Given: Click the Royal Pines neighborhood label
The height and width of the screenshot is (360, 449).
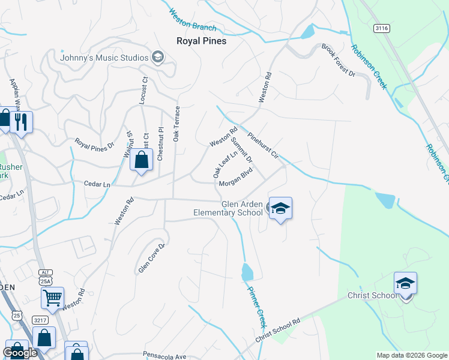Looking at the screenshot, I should (201, 41).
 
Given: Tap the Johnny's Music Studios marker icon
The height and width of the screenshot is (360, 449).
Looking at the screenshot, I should (158, 58).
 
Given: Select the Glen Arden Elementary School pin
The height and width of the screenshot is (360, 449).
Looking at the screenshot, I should (280, 209).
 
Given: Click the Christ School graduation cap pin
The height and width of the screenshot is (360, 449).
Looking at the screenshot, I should (405, 284).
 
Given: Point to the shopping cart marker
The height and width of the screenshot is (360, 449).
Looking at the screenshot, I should (53, 297).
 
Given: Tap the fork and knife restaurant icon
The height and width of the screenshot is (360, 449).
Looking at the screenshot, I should (21, 123).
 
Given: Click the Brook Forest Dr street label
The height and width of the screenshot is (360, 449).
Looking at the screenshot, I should (339, 61).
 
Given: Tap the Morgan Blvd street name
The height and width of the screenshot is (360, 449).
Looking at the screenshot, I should (235, 184).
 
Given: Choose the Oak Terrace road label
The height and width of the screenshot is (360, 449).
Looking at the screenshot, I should (177, 124).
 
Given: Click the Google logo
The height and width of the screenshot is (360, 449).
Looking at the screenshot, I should (20, 353).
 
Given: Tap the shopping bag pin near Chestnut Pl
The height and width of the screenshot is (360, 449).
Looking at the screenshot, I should (141, 161).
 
